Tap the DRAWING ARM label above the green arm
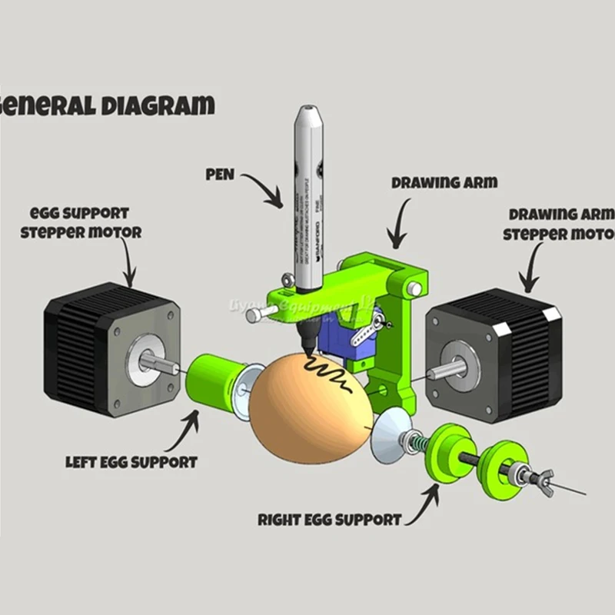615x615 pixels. pos(444,184)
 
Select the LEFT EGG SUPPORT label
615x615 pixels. pos(131,462)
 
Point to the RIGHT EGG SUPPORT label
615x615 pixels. pos(329,520)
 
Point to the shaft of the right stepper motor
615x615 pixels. pos(445,370)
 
